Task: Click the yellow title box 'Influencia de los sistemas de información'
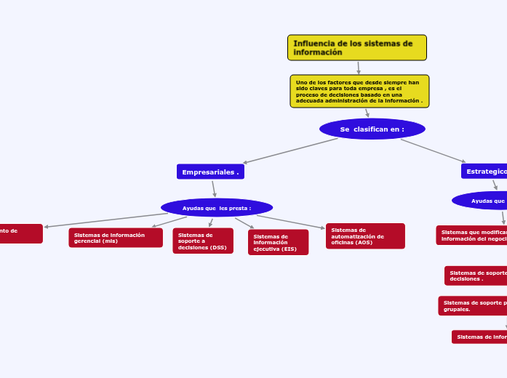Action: click(x=356, y=48)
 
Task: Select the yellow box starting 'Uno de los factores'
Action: click(x=359, y=92)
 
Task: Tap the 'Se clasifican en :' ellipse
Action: click(x=372, y=129)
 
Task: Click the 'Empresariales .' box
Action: click(x=210, y=172)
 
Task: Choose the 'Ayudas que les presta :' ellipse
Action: click(x=217, y=208)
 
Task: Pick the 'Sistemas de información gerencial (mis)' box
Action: click(x=116, y=238)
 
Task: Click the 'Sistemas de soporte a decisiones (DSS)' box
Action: click(x=203, y=241)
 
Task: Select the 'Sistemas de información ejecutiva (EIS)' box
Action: click(x=278, y=242)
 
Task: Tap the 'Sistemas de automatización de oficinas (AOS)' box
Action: click(x=365, y=236)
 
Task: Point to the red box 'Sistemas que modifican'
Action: click(x=472, y=235)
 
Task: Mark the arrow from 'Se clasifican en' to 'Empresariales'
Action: click(x=291, y=150)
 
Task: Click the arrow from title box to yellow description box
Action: click(x=359, y=68)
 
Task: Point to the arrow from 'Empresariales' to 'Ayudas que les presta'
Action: click(x=214, y=188)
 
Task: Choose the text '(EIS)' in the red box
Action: click(x=287, y=249)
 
